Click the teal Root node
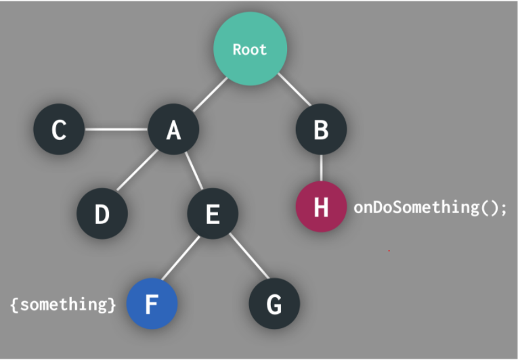250,49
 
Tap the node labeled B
321,129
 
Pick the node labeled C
59,129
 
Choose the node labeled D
102,214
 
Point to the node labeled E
213,214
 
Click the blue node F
152,304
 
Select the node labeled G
274,304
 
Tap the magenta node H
321,207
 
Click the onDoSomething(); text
430,207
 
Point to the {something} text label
63,304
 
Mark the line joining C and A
116,129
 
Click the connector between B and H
321,168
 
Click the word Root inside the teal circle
250,49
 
